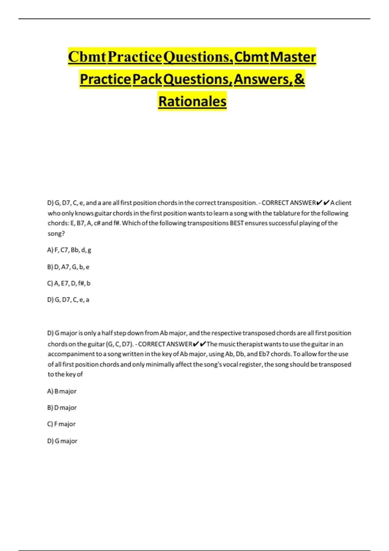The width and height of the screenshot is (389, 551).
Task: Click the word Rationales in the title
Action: tap(192, 101)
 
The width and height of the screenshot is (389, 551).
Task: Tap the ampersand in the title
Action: tap(300, 79)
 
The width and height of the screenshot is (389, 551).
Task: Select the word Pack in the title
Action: tap(147, 79)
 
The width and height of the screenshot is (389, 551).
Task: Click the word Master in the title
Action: tap(293, 57)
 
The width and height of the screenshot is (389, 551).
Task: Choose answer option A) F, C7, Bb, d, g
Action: tap(69, 250)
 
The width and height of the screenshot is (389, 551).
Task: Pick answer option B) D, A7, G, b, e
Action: tap(68, 267)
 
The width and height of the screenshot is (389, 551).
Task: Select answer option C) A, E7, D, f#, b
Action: tap(69, 283)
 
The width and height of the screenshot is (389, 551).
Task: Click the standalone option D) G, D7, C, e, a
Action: tap(68, 300)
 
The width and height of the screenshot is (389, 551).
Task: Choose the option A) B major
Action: tap(62, 391)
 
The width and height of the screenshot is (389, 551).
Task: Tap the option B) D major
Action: tap(62, 408)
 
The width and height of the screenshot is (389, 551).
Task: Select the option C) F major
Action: tap(61, 424)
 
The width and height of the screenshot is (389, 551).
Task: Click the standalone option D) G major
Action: tap(62, 441)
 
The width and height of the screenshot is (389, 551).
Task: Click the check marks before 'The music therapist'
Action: tap(199, 344)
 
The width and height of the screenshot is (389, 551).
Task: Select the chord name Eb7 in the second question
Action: tap(264, 354)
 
